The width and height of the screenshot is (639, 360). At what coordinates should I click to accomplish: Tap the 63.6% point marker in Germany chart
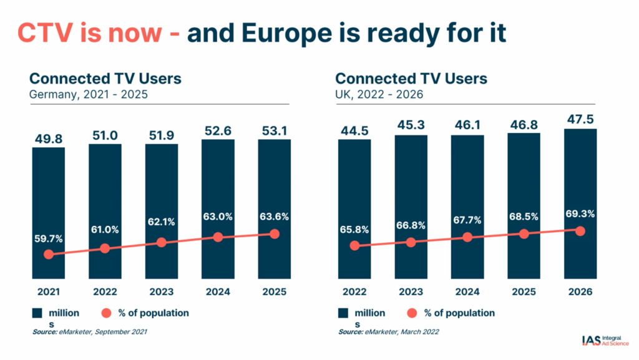274,234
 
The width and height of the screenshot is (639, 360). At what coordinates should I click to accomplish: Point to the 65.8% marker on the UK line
354,245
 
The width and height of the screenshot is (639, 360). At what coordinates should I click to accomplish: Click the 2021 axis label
48,291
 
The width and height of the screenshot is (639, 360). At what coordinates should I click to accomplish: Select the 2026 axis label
580,291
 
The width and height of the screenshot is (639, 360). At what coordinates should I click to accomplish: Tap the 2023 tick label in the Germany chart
161,291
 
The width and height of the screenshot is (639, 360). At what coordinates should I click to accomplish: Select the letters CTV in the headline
46,33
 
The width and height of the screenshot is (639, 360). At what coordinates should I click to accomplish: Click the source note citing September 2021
90,332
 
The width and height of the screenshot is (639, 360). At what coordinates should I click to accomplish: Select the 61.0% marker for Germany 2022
105,248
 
